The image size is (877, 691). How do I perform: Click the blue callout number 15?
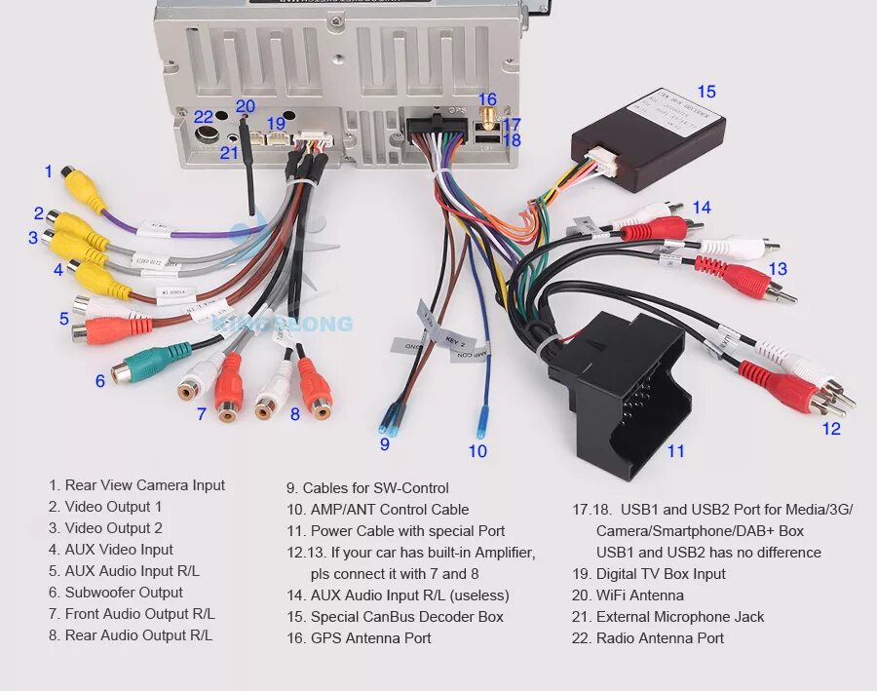pyautogui.click(x=705, y=92)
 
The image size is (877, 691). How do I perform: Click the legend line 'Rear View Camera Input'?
pyautogui.click(x=136, y=485)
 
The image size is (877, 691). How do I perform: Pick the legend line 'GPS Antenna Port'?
pyautogui.click(x=358, y=638)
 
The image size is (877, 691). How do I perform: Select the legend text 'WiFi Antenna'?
pyautogui.click(x=639, y=595)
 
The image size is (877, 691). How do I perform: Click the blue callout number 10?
pyautogui.click(x=477, y=450)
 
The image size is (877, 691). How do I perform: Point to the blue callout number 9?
pyautogui.click(x=384, y=443)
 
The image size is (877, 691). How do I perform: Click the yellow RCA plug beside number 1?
pyautogui.click(x=81, y=185)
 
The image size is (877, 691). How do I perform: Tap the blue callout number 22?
pyautogui.click(x=203, y=117)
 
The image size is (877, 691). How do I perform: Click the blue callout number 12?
pyautogui.click(x=830, y=428)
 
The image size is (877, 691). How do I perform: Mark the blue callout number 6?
pyautogui.click(x=99, y=381)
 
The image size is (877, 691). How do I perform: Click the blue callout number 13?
pyautogui.click(x=777, y=268)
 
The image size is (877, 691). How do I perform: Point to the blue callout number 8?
pyautogui.click(x=294, y=413)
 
